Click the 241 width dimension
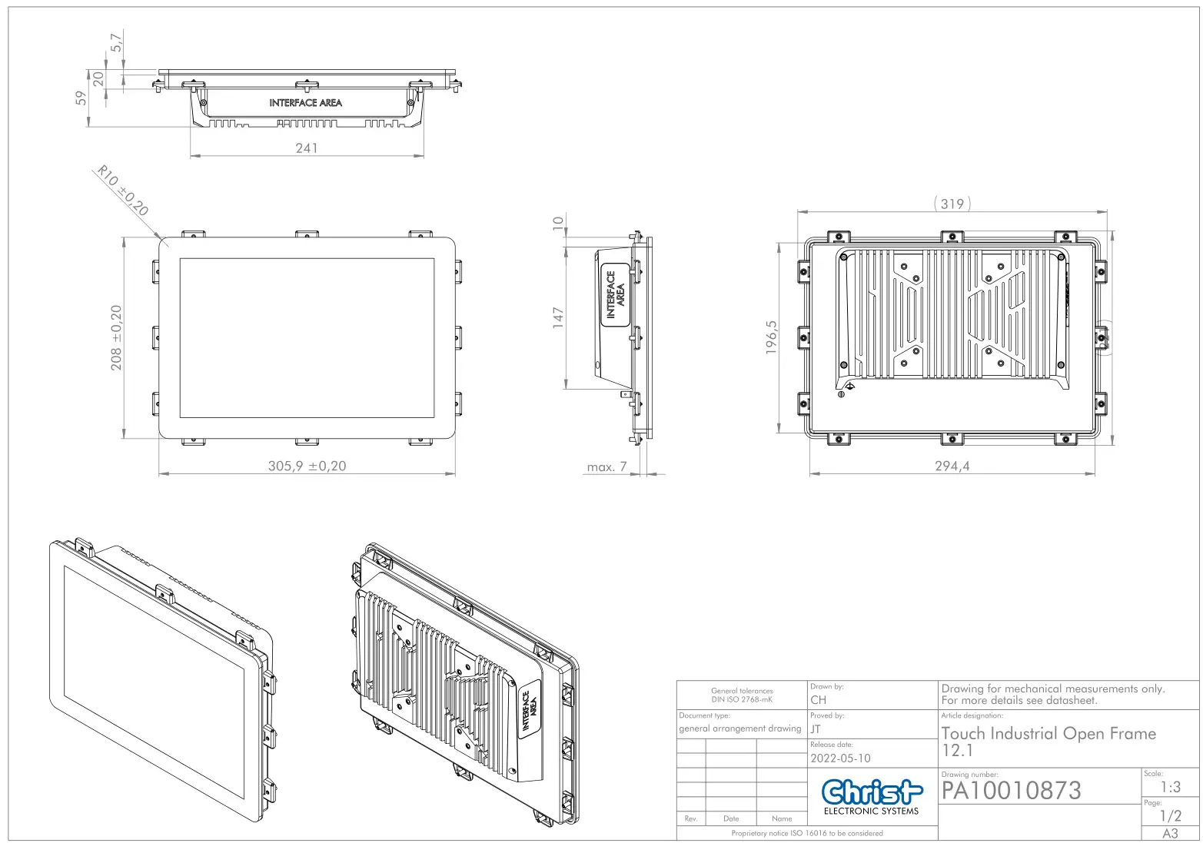click(x=306, y=148)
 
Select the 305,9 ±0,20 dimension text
click(x=307, y=466)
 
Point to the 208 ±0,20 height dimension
click(x=116, y=337)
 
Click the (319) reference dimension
click(x=952, y=204)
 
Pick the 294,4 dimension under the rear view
click(x=952, y=466)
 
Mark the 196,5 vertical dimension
click(x=772, y=337)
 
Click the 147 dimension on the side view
click(x=558, y=317)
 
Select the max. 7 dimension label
click(x=606, y=466)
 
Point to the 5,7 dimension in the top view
click(x=117, y=42)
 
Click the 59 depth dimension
click(x=81, y=98)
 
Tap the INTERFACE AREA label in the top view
click(x=305, y=102)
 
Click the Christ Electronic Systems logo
click(x=871, y=796)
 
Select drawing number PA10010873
click(x=1011, y=790)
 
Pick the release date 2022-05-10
click(x=840, y=758)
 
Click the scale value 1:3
click(x=1170, y=787)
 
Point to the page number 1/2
click(x=1170, y=816)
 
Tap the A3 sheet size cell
click(x=1170, y=834)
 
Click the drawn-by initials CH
click(x=818, y=699)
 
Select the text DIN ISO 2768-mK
click(x=741, y=699)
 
